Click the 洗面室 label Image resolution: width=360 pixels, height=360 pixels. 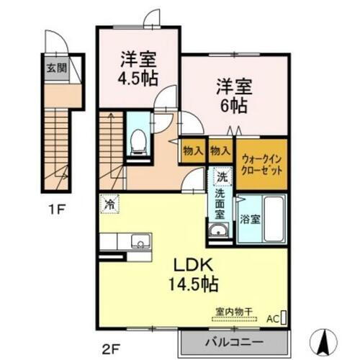[x=219, y=203]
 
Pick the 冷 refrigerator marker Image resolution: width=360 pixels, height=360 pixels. [x=109, y=204]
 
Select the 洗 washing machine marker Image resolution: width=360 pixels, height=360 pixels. [x=219, y=176]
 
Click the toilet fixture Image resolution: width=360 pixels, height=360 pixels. [x=136, y=142]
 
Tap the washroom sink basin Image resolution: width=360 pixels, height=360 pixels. [x=218, y=230]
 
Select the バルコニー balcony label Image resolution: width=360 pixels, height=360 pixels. [x=235, y=340]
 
